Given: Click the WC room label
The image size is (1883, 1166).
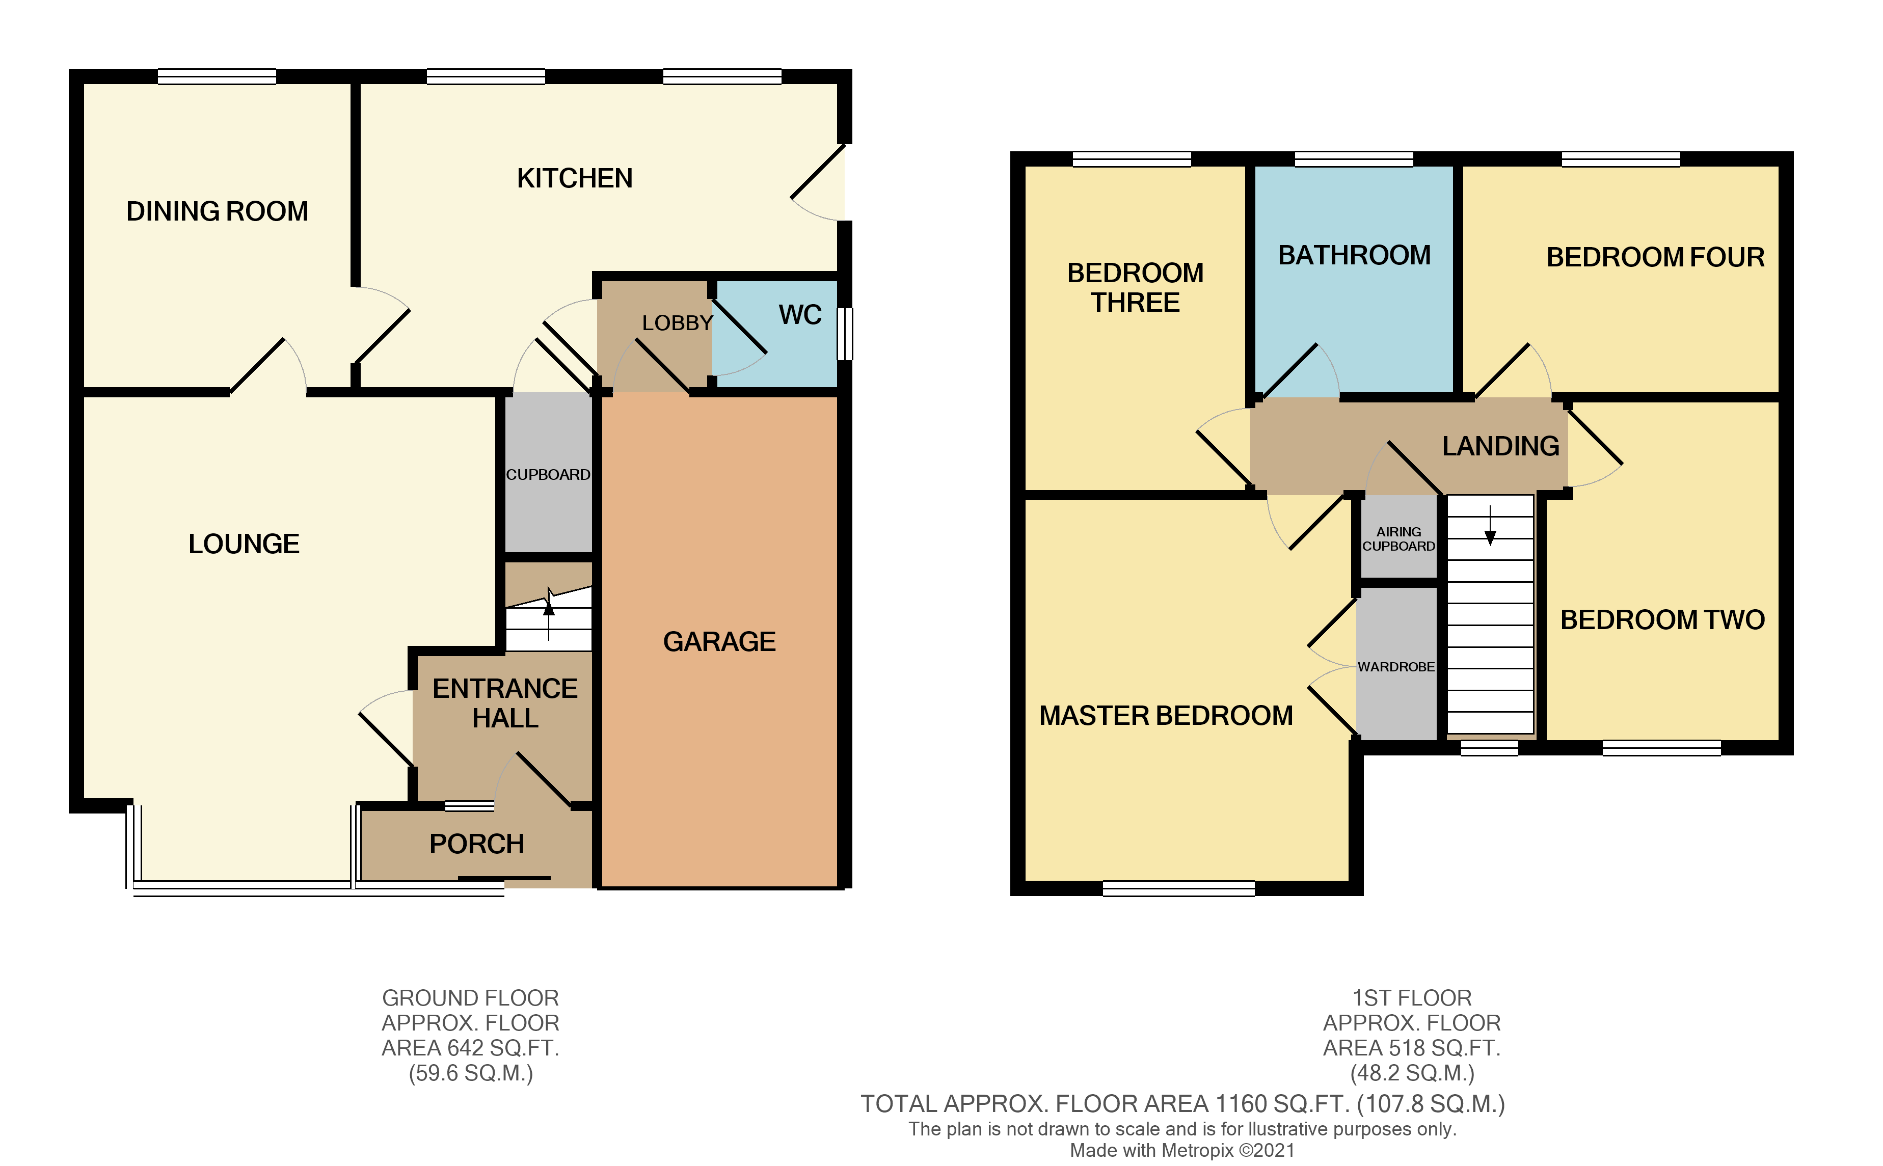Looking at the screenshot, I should (x=800, y=315).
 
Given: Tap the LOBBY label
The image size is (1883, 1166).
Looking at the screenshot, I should (x=677, y=323).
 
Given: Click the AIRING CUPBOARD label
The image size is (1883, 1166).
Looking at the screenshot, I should (x=1398, y=539).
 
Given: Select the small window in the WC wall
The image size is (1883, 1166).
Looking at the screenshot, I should (x=845, y=334).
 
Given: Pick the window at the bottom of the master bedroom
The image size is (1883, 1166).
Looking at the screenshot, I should (x=1178, y=889).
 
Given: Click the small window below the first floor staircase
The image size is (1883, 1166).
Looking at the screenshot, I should (x=1489, y=748).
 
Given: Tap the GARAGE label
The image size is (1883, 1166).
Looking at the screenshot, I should (x=719, y=642).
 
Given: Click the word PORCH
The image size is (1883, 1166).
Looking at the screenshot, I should (x=476, y=845).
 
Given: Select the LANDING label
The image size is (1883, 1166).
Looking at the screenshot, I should (x=1500, y=447).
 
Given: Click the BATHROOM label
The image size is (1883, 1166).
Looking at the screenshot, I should (x=1354, y=255).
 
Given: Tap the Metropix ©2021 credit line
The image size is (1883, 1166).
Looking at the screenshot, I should (x=1181, y=1151).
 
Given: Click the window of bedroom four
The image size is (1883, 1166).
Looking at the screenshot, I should (x=1621, y=159).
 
